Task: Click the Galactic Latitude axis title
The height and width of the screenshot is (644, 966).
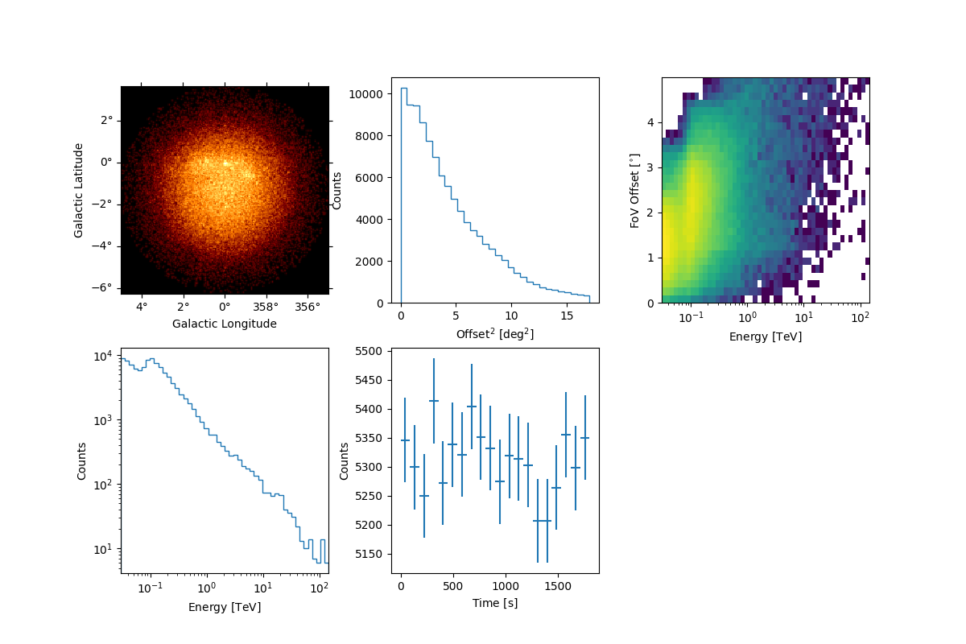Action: click(79, 190)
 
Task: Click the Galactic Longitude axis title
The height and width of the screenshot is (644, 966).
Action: click(225, 324)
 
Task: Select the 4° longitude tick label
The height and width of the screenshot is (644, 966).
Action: click(142, 307)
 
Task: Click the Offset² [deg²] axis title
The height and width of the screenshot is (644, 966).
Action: click(495, 333)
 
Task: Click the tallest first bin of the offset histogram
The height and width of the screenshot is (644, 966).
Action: click(403, 89)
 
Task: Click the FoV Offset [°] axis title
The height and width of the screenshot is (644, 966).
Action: click(635, 190)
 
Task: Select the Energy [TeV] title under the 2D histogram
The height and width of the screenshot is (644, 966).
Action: click(766, 336)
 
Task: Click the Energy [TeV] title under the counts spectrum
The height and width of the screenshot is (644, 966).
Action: click(225, 607)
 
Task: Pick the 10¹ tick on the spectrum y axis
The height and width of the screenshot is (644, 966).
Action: click(105, 549)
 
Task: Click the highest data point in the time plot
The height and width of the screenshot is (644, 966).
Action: click(434, 401)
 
